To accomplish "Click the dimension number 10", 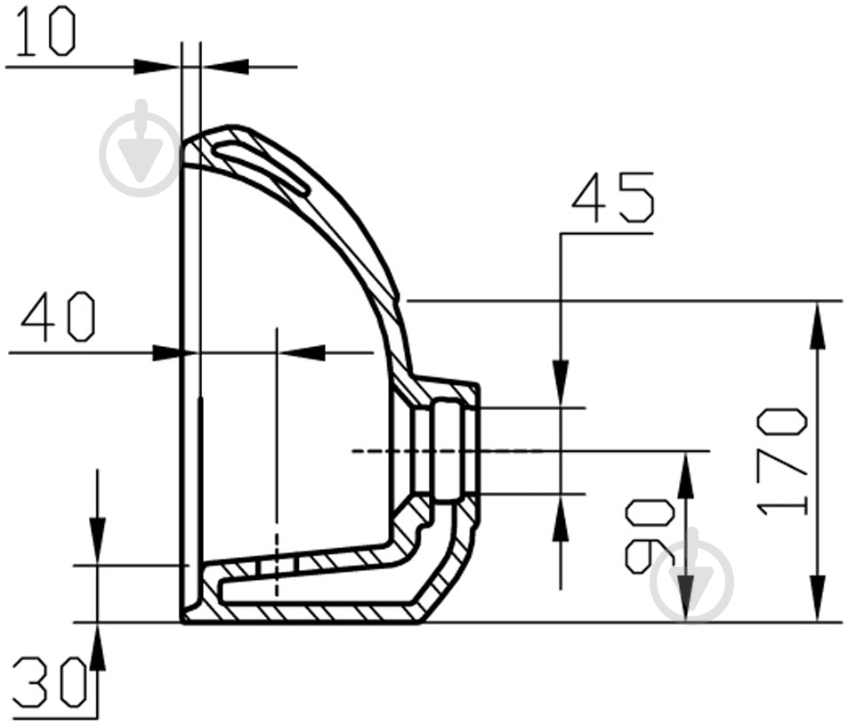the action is (45, 32).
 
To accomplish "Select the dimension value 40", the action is (59, 317).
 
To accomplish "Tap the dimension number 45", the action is (613, 197).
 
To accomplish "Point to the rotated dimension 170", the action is (782, 462).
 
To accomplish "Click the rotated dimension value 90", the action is (650, 536).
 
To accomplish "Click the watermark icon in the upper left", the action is (141, 148).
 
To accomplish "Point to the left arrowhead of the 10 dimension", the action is (157, 67).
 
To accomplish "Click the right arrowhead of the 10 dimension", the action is (226, 67).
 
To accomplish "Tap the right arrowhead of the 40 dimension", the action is (302, 353).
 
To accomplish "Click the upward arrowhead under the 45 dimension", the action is (561, 519).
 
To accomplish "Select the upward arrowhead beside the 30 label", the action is (97, 647).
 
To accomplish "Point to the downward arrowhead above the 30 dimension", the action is (97, 541).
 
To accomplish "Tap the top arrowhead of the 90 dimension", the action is (686, 475).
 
